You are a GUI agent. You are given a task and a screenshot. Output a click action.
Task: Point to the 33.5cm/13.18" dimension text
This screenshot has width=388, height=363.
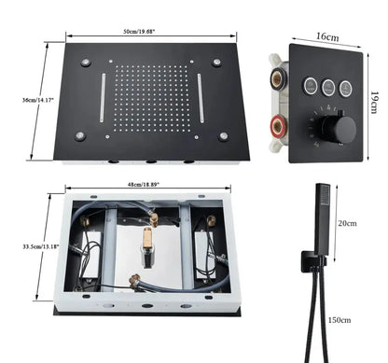35,246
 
